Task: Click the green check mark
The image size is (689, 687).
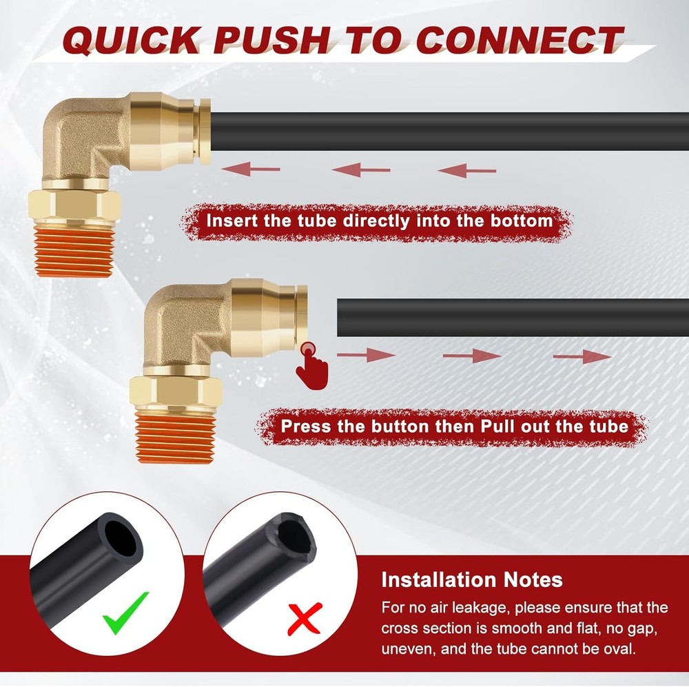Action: tap(125, 613)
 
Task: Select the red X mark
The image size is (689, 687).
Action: tap(305, 618)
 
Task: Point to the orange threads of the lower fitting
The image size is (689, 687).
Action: tap(175, 438)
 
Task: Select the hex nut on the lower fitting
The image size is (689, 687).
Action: tap(176, 393)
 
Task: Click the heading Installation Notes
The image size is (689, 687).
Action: tap(472, 580)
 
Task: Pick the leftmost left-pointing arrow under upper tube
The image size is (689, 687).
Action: tap(251, 169)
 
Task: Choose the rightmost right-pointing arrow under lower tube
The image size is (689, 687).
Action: tap(582, 356)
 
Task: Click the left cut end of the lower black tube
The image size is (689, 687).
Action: tap(339, 318)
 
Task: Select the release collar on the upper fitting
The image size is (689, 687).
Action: tap(205, 132)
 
